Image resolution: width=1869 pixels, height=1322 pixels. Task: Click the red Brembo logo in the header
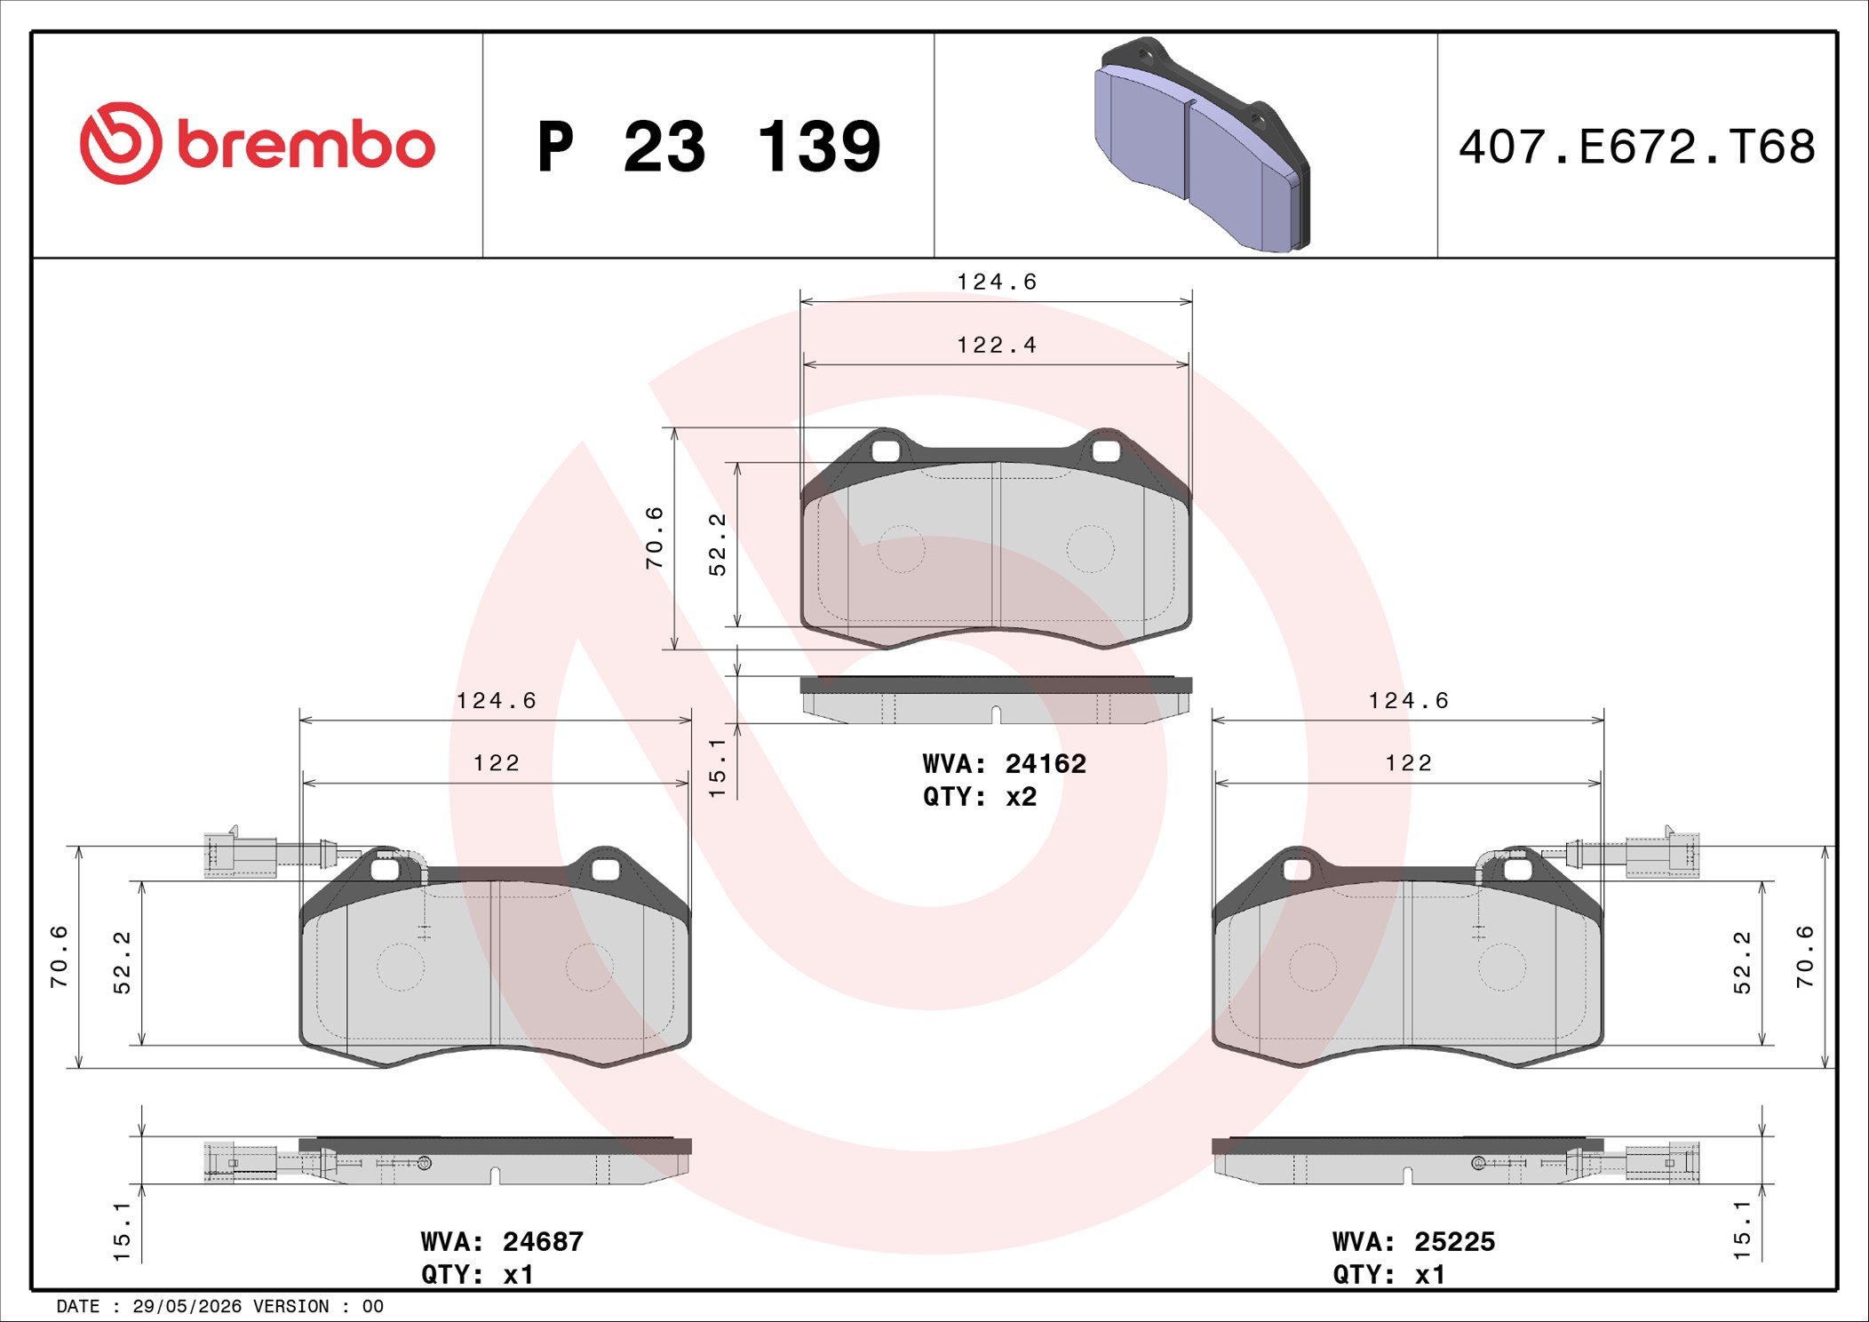[x=257, y=143]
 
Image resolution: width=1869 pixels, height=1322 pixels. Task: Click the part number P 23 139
[x=709, y=146]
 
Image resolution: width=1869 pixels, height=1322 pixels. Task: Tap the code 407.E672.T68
[x=1636, y=147]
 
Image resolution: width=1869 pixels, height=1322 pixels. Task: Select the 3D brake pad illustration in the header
[x=1201, y=144]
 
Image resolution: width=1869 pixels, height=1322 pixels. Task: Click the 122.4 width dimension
[x=997, y=345]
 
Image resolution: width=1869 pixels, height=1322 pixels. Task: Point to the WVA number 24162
[x=1046, y=764]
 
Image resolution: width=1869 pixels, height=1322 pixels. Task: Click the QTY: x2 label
[x=980, y=797]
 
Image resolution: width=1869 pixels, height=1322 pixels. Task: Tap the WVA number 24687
[x=543, y=1241]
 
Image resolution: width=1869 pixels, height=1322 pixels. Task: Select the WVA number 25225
[x=1455, y=1241]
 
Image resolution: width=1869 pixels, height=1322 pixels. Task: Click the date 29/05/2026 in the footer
[x=187, y=1306]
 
